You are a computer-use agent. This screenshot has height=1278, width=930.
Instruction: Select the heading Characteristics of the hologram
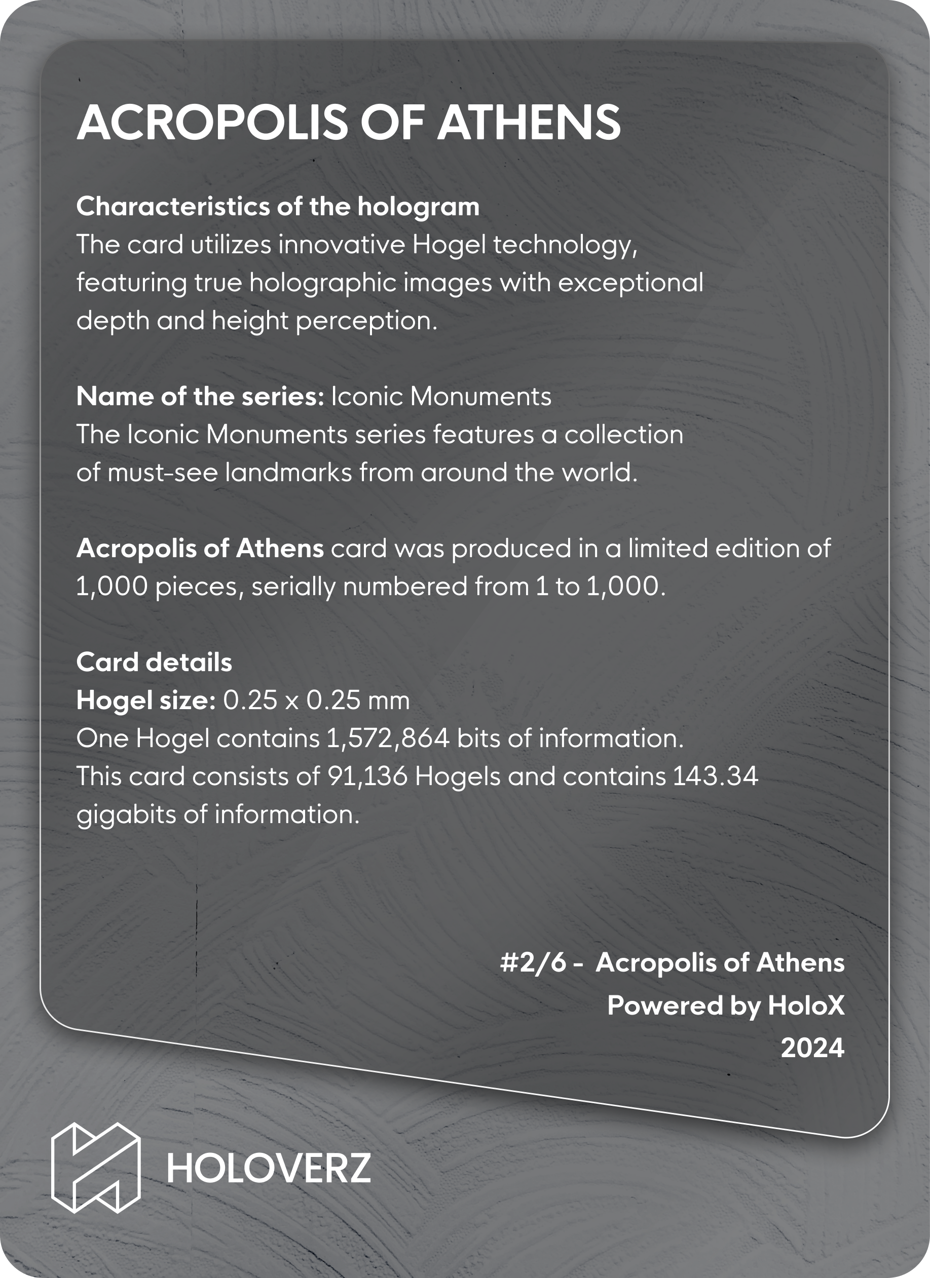(278, 207)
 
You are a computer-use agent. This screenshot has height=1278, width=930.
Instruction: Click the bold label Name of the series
(200, 397)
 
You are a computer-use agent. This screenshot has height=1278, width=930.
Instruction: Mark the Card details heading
(154, 662)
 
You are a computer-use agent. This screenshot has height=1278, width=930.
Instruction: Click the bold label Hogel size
(146, 701)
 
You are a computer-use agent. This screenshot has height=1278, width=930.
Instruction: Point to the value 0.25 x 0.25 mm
(316, 701)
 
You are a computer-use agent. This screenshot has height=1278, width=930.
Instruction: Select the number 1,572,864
(388, 738)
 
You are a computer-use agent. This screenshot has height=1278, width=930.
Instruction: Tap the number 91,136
(367, 777)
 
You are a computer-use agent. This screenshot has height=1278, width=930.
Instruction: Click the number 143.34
(715, 777)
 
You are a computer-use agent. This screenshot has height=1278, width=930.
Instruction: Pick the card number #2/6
(533, 963)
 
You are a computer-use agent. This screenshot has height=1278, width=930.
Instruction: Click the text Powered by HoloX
(726, 1005)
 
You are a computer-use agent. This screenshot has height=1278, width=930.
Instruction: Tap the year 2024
(812, 1048)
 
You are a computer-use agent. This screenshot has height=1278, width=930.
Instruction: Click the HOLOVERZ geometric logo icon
(96, 1167)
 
